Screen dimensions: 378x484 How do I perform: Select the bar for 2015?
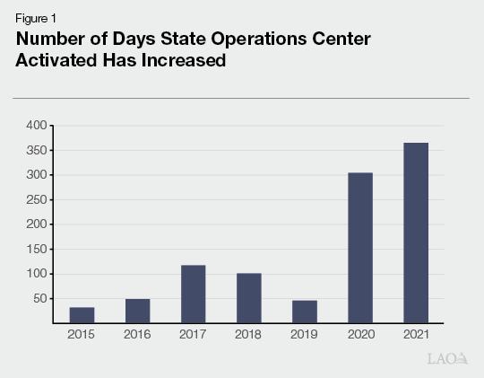[82, 314]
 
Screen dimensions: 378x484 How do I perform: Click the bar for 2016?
[137, 311]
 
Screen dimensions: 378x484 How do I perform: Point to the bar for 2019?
[304, 312]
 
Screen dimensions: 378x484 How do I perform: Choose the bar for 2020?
[359, 248]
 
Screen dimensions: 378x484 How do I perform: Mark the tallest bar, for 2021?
[415, 233]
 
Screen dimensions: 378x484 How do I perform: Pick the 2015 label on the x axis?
[82, 335]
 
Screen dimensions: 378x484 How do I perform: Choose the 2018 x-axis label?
[248, 335]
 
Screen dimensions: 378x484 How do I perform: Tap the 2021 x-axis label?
[415, 335]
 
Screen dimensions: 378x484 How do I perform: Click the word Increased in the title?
[180, 60]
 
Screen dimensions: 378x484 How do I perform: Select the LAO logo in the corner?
[447, 359]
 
